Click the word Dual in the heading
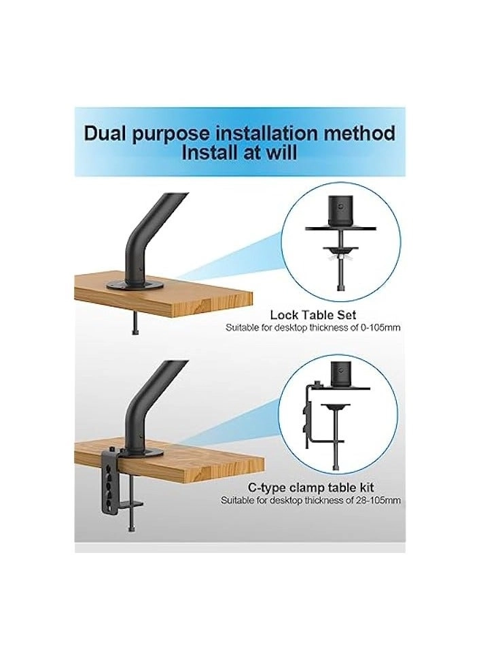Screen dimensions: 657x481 [x=107, y=133]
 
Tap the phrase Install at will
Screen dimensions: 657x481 [x=239, y=152]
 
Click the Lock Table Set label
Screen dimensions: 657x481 [x=313, y=315]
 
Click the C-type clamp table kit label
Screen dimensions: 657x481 [x=313, y=488]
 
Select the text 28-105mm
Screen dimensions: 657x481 [x=378, y=500]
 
